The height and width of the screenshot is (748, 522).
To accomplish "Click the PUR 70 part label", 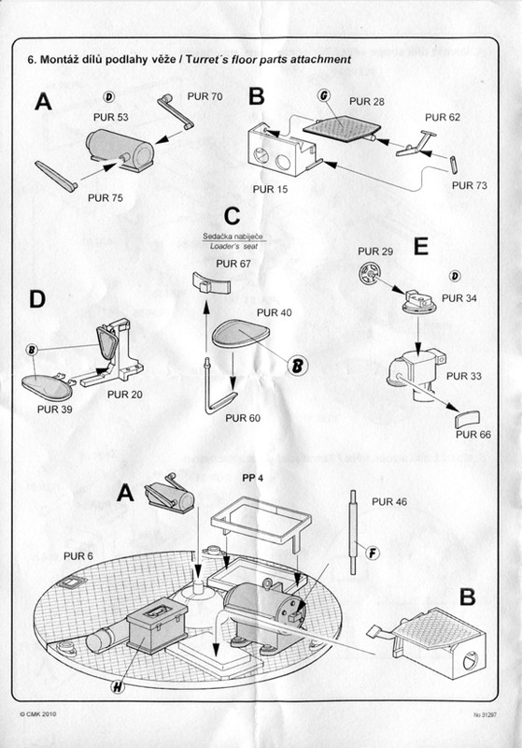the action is coord(205,96).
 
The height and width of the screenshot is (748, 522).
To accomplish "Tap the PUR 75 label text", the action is coord(106,197).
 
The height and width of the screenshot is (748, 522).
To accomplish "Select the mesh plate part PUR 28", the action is coord(342,129).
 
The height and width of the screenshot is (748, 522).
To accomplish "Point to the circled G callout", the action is coord(324,95).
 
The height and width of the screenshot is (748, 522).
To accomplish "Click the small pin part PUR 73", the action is coord(455,165).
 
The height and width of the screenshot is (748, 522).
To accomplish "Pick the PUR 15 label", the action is coord(271,190).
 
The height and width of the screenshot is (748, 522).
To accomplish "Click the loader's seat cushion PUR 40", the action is coord(241,333).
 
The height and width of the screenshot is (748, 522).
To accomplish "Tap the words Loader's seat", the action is coord(233,247).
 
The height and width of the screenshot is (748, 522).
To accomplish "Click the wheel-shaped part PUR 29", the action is coord(370,273).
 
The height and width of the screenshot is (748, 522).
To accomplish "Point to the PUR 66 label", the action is coord(473,435).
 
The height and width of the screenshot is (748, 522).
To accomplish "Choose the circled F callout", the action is coord(373,553).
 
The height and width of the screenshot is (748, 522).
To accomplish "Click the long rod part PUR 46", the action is coord(353,532).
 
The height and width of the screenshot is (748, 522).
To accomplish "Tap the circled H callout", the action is coord(118,686).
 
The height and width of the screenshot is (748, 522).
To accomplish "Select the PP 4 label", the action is coord(252,478).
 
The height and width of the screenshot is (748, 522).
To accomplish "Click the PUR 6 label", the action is coord(78,556).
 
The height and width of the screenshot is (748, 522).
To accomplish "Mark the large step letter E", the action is coord(421,247).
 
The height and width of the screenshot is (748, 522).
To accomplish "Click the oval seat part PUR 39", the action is coord(48,386).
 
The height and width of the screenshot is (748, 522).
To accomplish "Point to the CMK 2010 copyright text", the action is coord(38,714).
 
